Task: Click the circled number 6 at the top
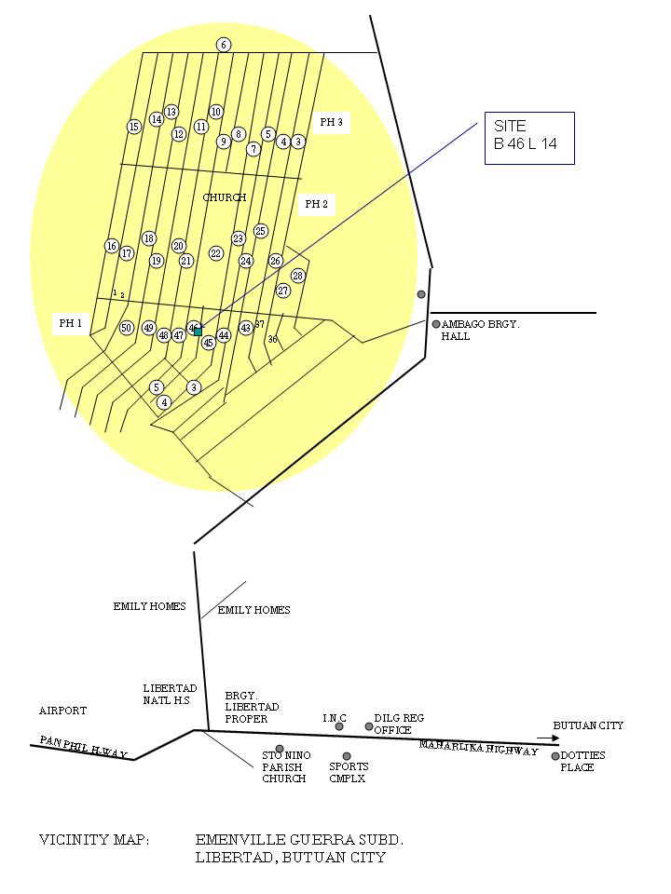(x=224, y=45)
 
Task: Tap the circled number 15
(x=134, y=127)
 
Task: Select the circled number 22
(x=216, y=253)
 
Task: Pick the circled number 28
(x=298, y=276)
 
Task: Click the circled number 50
(x=127, y=328)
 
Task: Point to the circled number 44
(x=224, y=335)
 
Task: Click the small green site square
(x=198, y=332)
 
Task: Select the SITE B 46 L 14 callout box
(x=528, y=138)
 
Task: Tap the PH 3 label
(x=331, y=122)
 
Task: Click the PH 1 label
(x=71, y=323)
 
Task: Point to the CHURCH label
(x=225, y=197)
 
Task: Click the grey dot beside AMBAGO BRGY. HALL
(x=436, y=324)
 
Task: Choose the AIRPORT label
(x=62, y=711)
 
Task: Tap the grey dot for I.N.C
(x=339, y=726)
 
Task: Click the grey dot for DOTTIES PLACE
(x=555, y=756)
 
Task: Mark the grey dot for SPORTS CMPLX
(x=347, y=756)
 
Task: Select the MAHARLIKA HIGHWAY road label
(x=478, y=748)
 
